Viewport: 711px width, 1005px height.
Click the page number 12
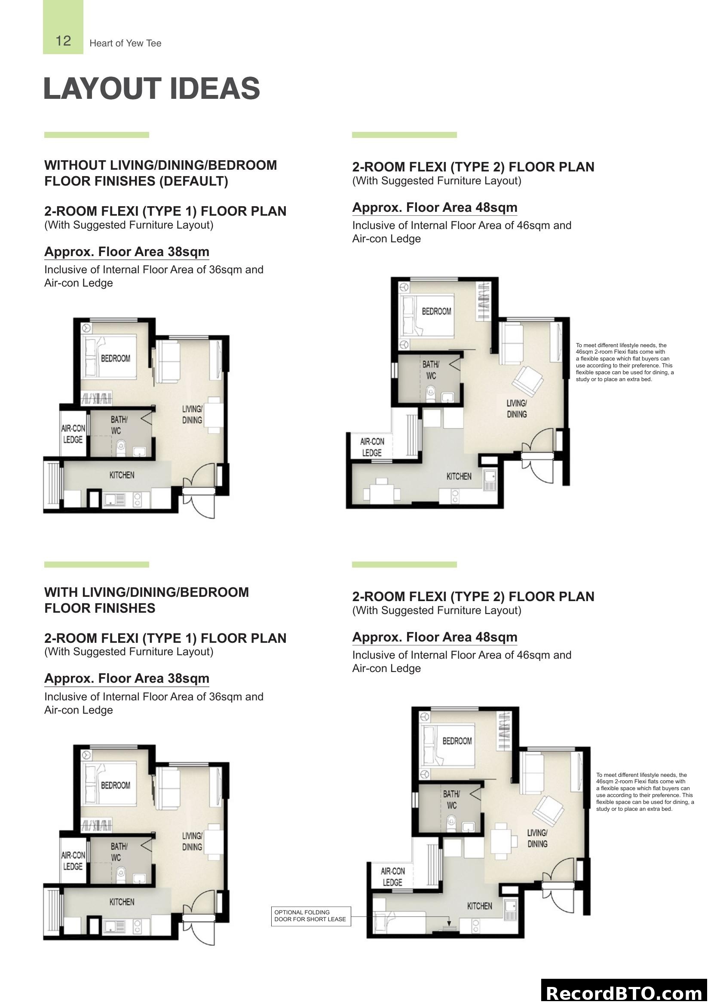click(x=63, y=41)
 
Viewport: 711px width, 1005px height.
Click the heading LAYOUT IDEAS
click(x=151, y=89)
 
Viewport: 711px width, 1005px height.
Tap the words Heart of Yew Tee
click(x=125, y=43)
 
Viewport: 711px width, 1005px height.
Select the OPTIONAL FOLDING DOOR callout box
click(x=310, y=916)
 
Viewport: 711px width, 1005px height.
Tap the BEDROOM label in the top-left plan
click(x=116, y=358)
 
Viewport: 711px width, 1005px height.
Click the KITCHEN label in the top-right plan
click(x=459, y=476)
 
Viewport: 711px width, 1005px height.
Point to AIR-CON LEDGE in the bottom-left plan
click(x=73, y=861)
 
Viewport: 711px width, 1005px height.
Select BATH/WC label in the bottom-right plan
click(x=451, y=799)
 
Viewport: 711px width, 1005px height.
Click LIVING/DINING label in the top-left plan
click(x=192, y=414)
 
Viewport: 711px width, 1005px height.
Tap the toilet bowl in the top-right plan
click(x=431, y=393)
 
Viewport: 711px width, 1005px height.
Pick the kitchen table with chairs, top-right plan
click(x=382, y=492)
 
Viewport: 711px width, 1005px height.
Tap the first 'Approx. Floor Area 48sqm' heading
click(x=434, y=208)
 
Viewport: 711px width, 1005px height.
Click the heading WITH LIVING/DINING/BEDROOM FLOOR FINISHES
click(x=146, y=600)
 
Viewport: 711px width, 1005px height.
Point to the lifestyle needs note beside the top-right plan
click(x=624, y=363)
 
